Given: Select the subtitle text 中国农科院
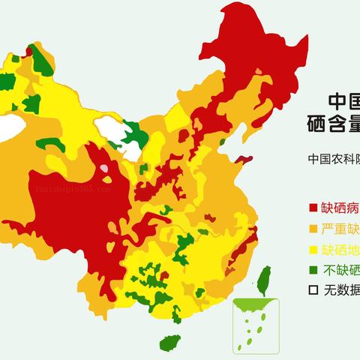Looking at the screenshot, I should click(x=333, y=159).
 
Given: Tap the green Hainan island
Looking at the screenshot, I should click(x=170, y=342).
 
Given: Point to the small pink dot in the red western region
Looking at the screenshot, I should click(x=106, y=179).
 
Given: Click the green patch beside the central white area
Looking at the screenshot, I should click(x=137, y=135).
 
